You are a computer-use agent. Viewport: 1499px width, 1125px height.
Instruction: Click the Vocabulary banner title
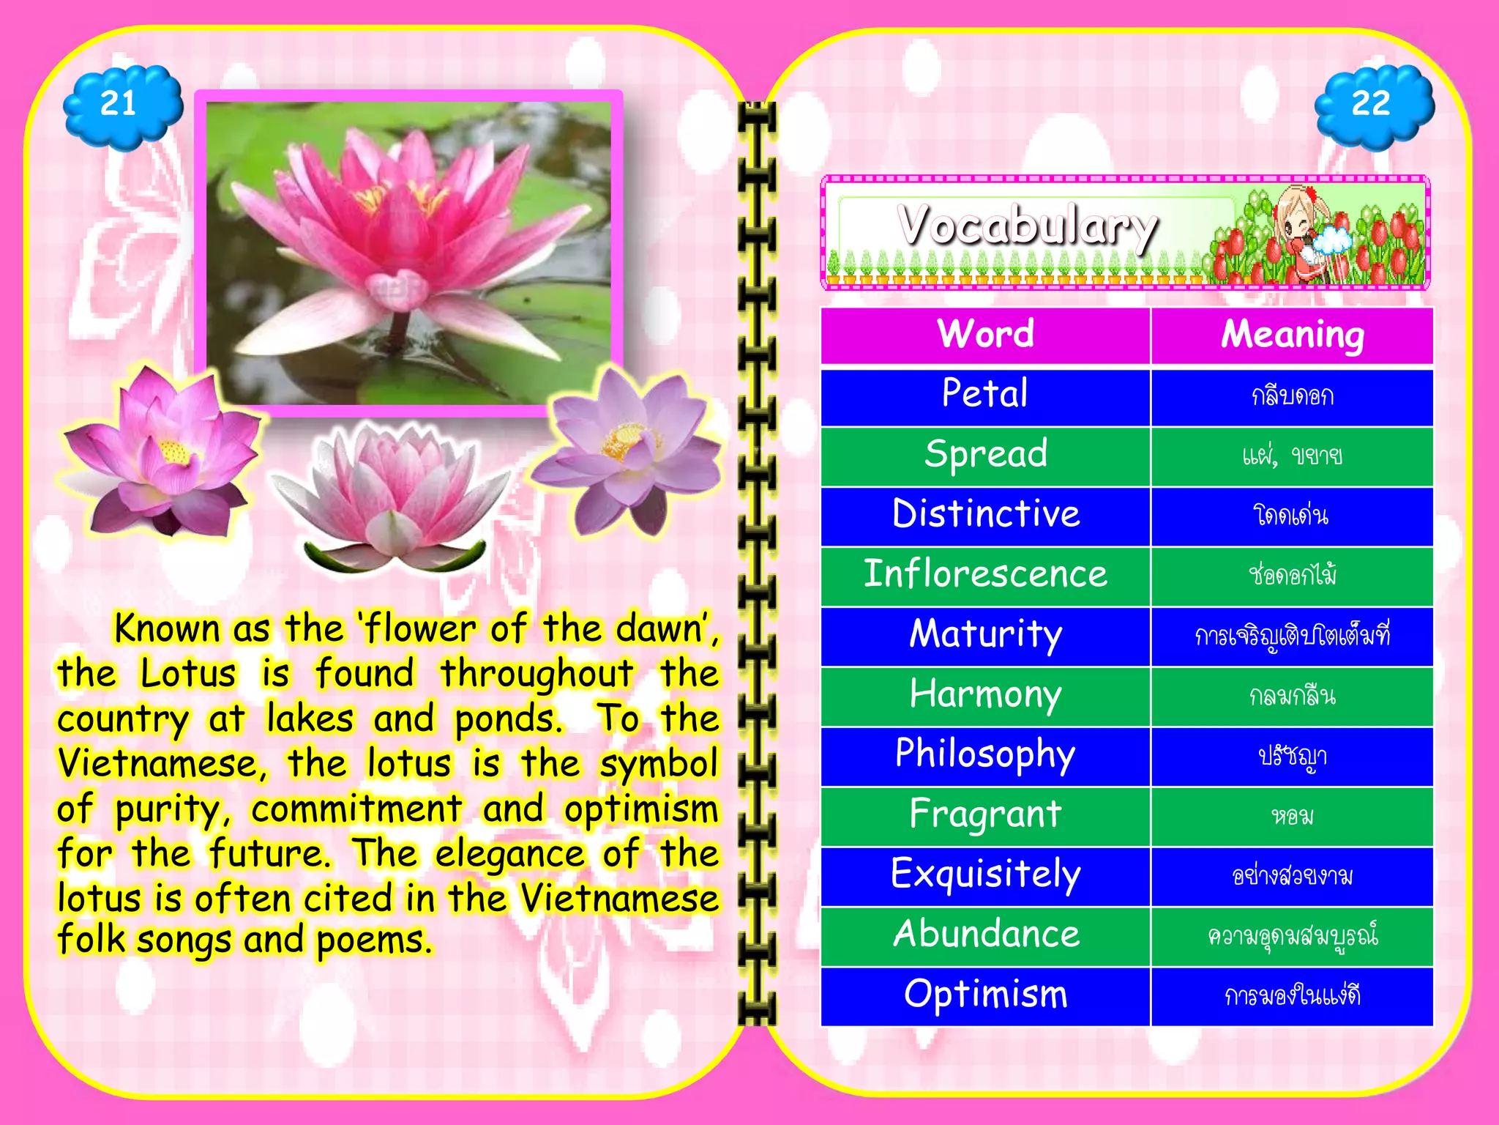tap(1028, 226)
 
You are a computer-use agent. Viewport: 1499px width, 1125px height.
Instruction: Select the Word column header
tap(985, 335)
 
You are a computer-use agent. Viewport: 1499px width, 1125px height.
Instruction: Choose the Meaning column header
tap(1292, 335)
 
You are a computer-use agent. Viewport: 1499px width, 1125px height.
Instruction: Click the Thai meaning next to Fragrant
tap(1292, 816)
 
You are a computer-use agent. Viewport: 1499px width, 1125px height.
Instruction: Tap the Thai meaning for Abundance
tap(1292, 936)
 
